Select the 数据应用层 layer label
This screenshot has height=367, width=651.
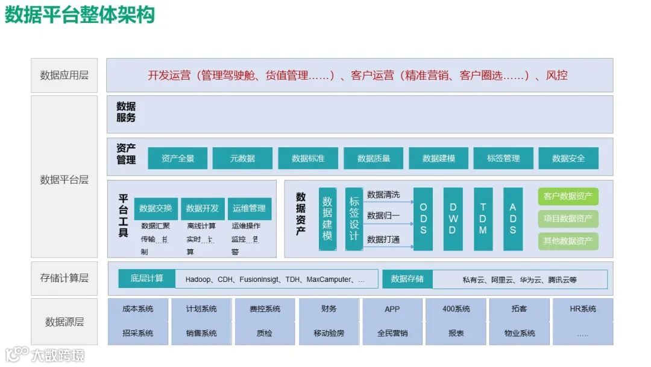coord(64,75)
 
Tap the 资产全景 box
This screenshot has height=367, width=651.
coord(178,158)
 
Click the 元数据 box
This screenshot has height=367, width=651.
coord(242,158)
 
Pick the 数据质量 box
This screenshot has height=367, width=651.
coord(374,158)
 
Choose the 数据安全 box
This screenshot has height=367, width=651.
coord(568,158)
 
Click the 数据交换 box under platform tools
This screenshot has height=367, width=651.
coord(156,208)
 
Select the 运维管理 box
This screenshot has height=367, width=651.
coord(249,208)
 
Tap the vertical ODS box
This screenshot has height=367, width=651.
coord(423,219)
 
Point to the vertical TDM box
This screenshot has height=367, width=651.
coord(483,219)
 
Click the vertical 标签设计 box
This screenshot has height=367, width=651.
coord(354,219)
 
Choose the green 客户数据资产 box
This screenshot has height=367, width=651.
coord(568,196)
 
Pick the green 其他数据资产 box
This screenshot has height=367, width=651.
coord(568,241)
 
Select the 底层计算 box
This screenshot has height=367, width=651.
coord(147,278)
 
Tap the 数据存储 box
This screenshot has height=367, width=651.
coord(407,279)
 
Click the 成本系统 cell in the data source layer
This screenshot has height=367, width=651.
coord(137,309)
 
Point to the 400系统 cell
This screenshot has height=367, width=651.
coord(456,309)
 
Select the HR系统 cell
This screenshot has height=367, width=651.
coord(583,309)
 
